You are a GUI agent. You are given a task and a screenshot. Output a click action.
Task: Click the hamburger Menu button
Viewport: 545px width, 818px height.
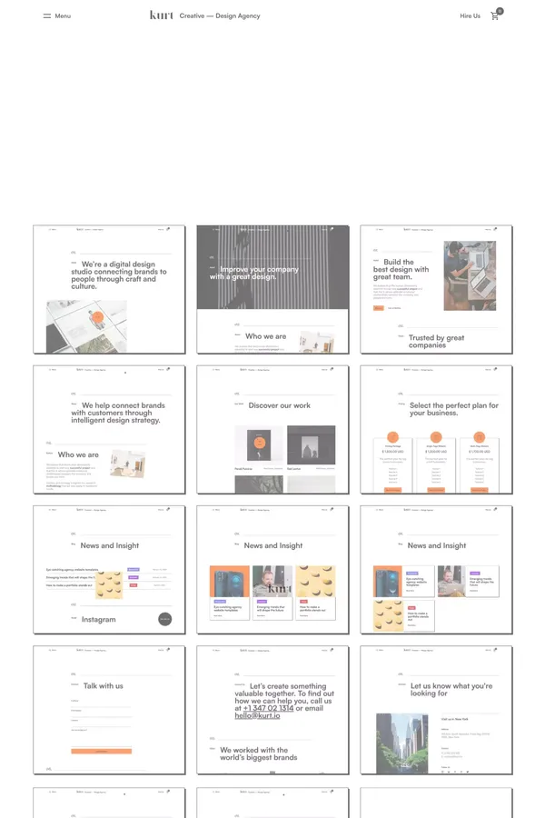[x=56, y=16]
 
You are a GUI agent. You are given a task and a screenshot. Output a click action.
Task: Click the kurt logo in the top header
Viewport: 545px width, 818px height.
[x=162, y=15]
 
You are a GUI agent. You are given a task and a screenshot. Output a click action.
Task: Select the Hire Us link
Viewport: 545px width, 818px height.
[x=470, y=16]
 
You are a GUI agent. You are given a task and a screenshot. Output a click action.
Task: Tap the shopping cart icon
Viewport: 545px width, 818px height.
[x=495, y=16]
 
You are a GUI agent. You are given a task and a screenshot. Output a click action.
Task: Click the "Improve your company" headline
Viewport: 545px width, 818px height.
[x=260, y=273]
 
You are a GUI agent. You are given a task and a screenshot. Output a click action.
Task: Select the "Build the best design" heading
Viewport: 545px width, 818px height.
[x=400, y=269]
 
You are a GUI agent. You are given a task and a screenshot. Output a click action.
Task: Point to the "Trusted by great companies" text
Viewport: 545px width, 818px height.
[x=436, y=341]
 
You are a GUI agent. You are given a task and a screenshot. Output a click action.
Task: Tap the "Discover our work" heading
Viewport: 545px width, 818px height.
[x=279, y=405]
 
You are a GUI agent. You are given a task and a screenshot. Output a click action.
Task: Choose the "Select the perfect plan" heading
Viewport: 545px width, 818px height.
[x=453, y=409]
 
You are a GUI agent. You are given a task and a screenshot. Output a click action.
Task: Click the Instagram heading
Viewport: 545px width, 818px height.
[x=99, y=619]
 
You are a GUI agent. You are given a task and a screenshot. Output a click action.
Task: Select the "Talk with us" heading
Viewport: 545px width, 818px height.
[x=103, y=685]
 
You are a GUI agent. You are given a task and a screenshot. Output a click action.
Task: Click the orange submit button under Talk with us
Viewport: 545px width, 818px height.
[x=101, y=751]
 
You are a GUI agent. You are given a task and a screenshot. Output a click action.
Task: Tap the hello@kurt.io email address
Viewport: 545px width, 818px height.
[x=258, y=716]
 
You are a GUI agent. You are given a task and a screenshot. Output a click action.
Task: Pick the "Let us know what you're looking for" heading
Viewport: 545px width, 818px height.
[x=451, y=689]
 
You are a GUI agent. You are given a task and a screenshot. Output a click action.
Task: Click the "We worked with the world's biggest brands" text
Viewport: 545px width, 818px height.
[x=258, y=753]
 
